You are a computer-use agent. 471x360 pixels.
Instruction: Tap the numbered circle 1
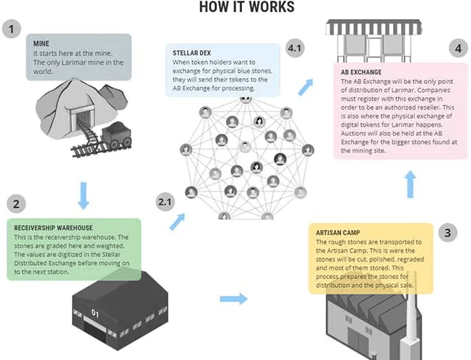click(11, 29)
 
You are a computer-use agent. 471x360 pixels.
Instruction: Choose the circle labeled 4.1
click(296, 49)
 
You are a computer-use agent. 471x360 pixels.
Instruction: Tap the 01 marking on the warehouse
click(95, 312)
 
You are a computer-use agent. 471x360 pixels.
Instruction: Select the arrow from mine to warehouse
click(82, 195)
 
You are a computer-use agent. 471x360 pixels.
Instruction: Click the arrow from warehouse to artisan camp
click(234, 299)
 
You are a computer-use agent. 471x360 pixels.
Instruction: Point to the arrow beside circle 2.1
click(177, 222)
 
